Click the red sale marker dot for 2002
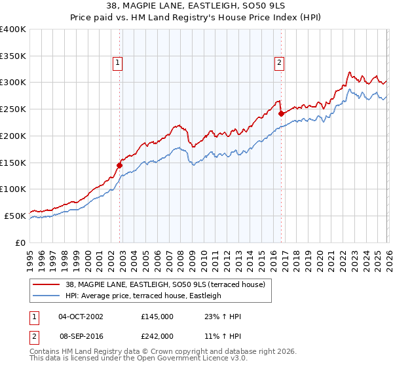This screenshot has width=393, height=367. pos(120,165)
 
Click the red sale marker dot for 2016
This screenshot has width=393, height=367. pos(281,113)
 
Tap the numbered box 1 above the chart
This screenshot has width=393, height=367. pos(117,63)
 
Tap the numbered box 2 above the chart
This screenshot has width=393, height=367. pos(279,63)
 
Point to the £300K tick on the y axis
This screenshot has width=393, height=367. pos(13,83)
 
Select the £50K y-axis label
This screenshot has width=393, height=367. pos(15,216)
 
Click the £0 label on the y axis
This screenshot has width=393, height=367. pos(21,242)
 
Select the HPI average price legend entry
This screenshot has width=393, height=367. pos(143,296)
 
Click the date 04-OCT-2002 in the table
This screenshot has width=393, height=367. pos(81,317)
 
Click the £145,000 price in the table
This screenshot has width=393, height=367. pos(157,317)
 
